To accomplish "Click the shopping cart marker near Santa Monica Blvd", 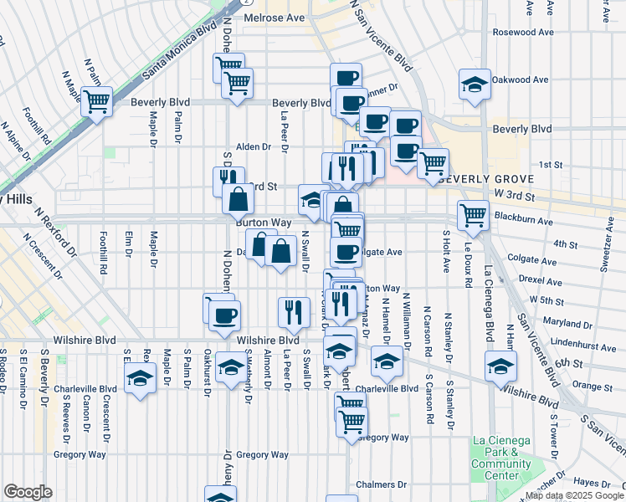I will pos(97,101).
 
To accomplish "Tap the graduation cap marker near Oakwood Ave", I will pos(474,84).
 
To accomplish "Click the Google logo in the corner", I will pos(28,491).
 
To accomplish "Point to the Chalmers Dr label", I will pos(380,484).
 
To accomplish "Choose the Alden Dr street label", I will pos(254,146).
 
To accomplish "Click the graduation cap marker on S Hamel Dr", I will pos(387,361).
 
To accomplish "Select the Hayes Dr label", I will pos(592,483).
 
